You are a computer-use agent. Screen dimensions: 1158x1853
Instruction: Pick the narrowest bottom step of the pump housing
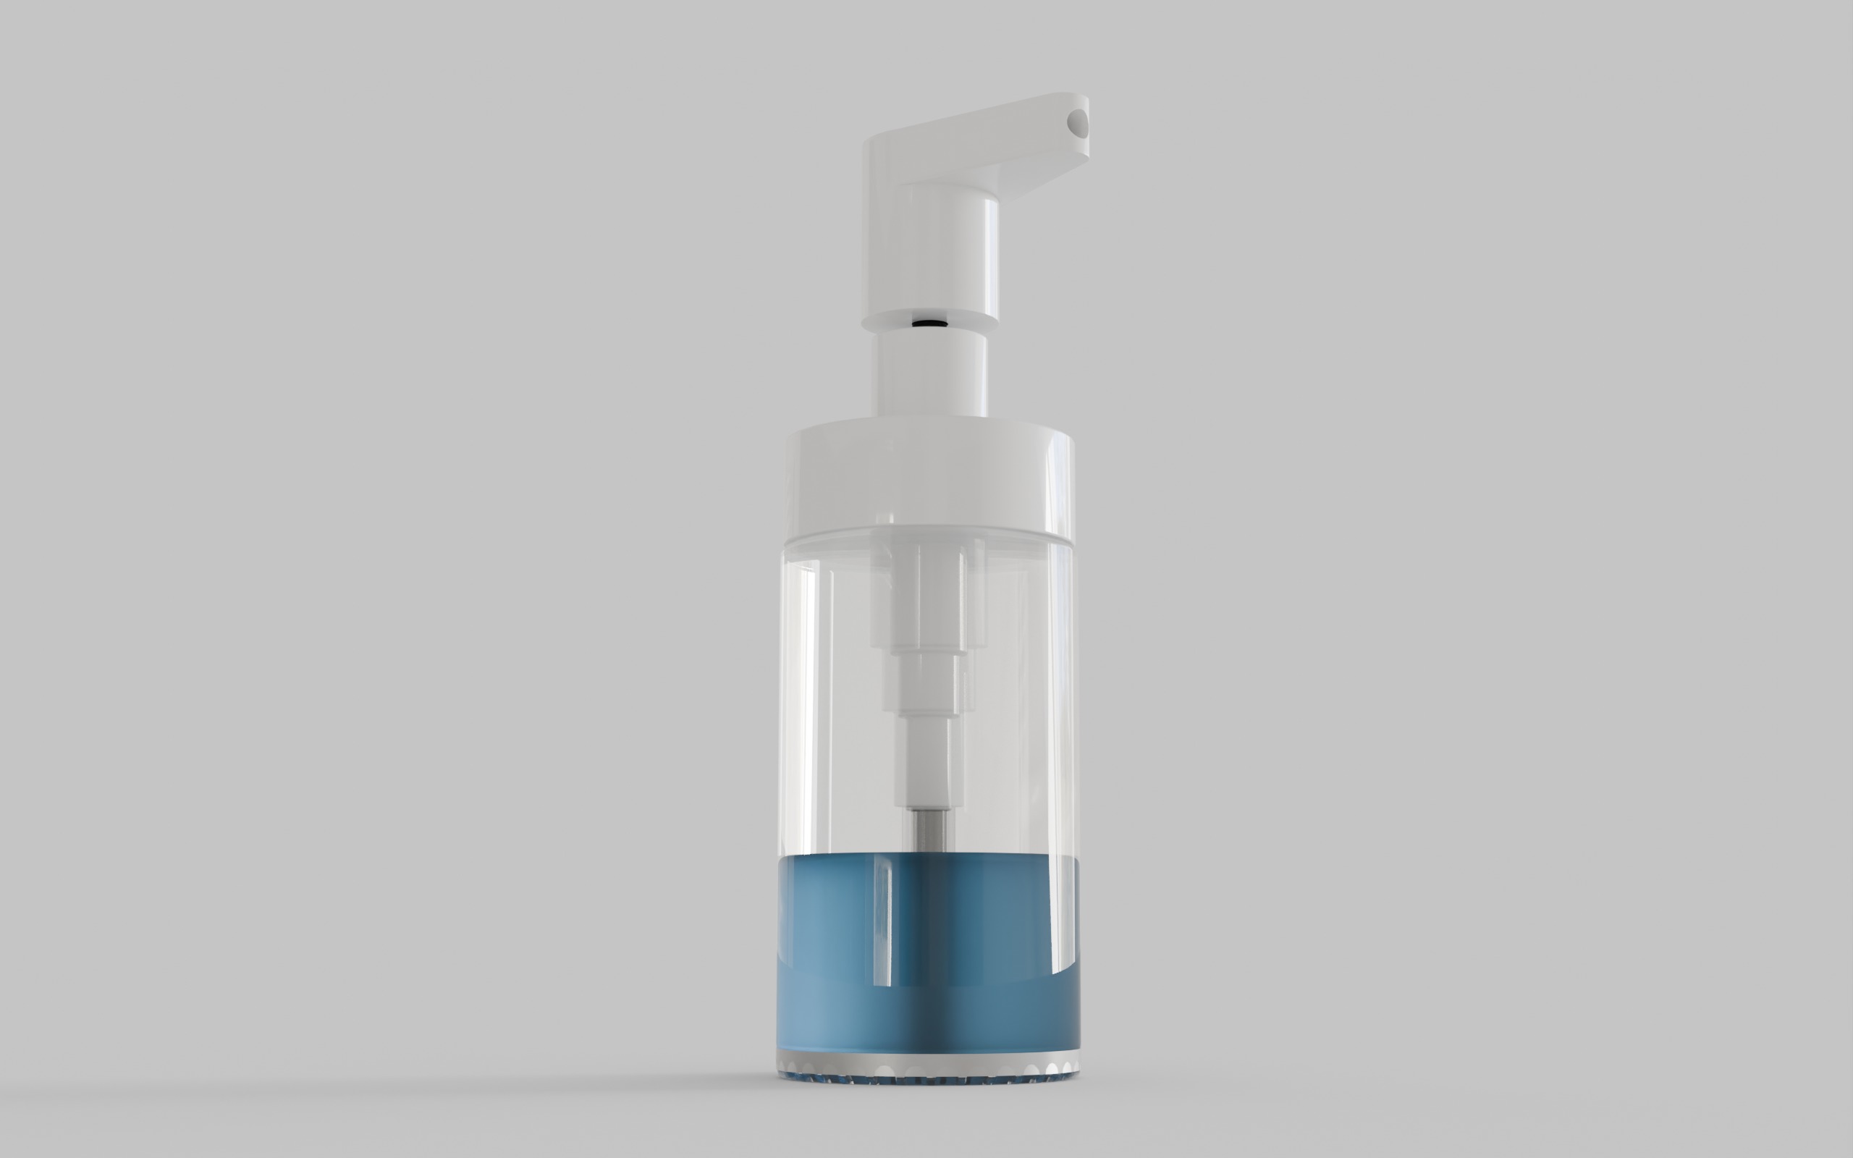[x=927, y=758]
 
